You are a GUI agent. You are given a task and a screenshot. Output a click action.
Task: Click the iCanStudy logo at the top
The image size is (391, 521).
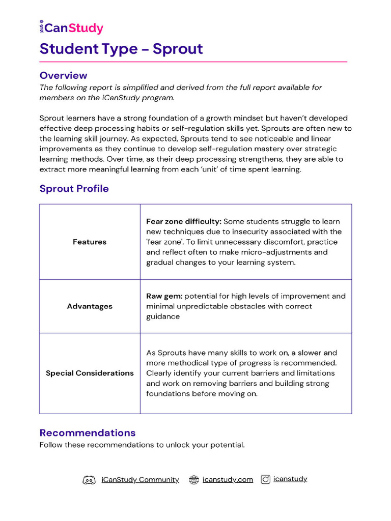click(x=71, y=28)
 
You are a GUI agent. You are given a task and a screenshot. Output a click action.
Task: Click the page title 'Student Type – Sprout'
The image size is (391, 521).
click(x=121, y=49)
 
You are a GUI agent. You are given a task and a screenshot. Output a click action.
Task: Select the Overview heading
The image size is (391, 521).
click(x=63, y=75)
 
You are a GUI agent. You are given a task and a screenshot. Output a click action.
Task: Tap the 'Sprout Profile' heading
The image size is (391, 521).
click(x=74, y=189)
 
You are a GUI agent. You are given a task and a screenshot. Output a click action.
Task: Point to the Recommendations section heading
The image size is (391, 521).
click(x=88, y=433)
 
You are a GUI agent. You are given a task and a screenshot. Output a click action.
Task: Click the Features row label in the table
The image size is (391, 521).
click(x=90, y=242)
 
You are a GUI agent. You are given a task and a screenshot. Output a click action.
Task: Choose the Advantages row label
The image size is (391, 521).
click(x=90, y=306)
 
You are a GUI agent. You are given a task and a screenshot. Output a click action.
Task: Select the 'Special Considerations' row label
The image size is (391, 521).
click(x=90, y=373)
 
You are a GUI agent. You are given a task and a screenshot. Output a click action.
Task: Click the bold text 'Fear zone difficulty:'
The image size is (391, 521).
click(x=184, y=222)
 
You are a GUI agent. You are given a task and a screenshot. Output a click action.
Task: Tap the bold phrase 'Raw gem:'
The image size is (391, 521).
click(x=164, y=296)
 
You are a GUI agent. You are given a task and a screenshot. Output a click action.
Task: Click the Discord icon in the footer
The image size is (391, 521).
click(x=89, y=480)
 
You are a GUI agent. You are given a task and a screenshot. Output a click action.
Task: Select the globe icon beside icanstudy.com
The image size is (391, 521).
click(x=193, y=480)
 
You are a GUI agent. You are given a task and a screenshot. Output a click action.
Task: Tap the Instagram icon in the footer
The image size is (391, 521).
click(x=265, y=479)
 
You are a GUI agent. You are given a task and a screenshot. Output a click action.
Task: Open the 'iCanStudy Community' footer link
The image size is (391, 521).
click(x=140, y=480)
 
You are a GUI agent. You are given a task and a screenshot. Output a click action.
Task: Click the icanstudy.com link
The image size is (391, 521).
click(x=228, y=480)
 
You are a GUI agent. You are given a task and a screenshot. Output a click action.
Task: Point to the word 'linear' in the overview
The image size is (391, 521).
click(x=331, y=139)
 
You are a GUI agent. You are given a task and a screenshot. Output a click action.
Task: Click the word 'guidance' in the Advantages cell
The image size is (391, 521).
click(x=163, y=316)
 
